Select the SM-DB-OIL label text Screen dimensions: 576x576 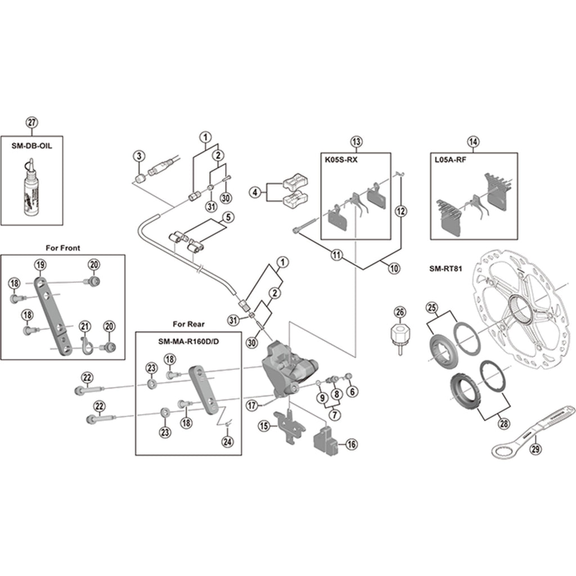tap(31, 145)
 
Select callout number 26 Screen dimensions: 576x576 tap(399, 312)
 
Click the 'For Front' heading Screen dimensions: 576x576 tap(62, 247)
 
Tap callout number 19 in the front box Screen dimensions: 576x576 tap(40, 264)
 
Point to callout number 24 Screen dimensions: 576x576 tap(227, 442)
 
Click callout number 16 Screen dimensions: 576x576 tap(352, 444)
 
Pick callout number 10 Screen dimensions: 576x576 tap(394, 269)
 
